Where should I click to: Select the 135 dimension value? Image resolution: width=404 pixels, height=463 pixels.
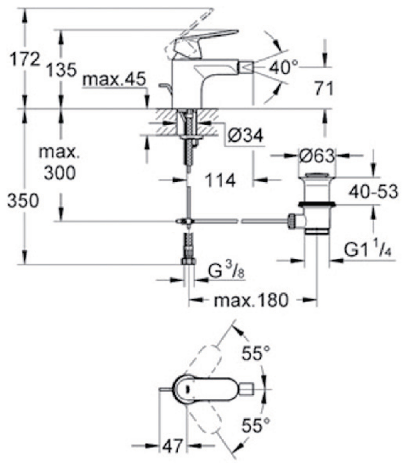[61, 70]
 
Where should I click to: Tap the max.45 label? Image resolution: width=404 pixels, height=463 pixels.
[114, 79]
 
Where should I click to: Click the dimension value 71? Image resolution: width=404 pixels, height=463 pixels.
[324, 88]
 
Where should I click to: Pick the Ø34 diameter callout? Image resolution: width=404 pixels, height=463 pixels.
[246, 136]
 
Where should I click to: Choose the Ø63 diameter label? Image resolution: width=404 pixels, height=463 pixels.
[317, 155]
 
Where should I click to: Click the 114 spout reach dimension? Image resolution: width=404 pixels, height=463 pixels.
[221, 180]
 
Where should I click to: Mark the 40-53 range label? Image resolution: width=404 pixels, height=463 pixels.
[373, 192]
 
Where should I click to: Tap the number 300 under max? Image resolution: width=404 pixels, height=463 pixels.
[60, 173]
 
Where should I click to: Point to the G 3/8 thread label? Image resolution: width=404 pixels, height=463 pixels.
[226, 273]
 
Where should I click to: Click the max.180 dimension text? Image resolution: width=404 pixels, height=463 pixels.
[251, 300]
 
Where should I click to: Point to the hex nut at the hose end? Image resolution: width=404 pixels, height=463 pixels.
[189, 261]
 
